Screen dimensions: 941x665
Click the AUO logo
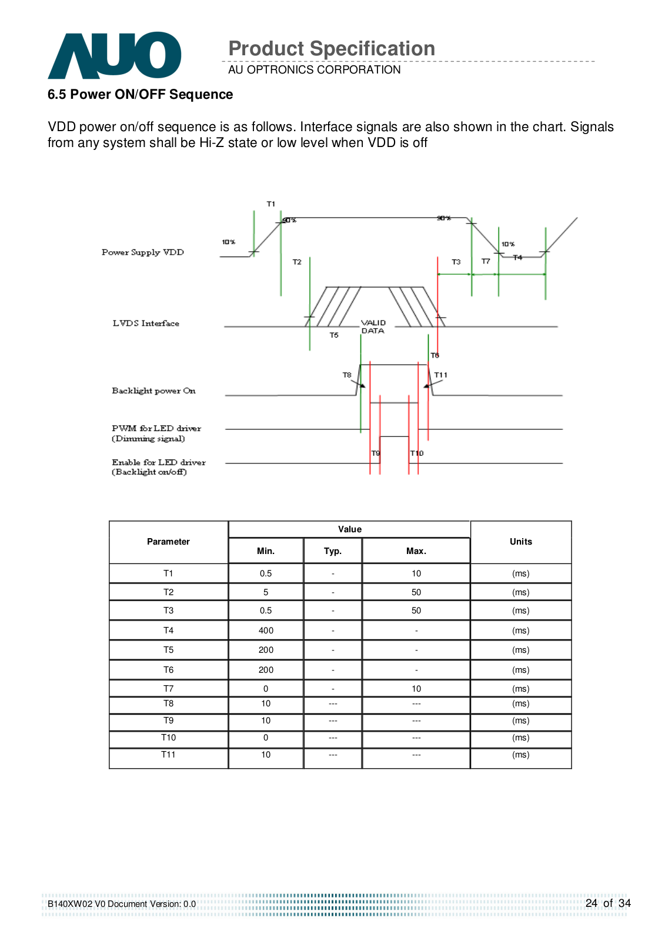pos(114,55)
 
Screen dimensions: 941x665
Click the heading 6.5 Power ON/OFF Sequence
pos(140,95)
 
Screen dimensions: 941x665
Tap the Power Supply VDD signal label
pos(143,252)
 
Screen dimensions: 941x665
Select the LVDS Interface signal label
pos(146,323)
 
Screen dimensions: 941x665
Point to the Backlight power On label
pos(153,391)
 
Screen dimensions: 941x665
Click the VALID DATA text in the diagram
pos(373,327)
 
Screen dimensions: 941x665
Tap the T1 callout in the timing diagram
pos(271,204)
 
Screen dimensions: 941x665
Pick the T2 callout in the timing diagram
pos(297,262)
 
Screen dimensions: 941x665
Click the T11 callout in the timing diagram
pos(441,375)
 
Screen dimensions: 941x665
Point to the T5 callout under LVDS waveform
pos(334,335)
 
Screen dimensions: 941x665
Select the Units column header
pos(521,542)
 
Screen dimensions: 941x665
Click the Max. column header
pos(416,551)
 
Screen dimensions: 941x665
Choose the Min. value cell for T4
pos(266,630)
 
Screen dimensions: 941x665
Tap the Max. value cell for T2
pos(416,592)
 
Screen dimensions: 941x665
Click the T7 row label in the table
pos(169,689)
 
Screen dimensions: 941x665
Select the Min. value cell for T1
pos(266,573)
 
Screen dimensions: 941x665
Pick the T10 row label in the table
pos(169,738)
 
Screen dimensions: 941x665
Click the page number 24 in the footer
pos(592,903)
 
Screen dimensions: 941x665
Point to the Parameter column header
pos(169,542)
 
